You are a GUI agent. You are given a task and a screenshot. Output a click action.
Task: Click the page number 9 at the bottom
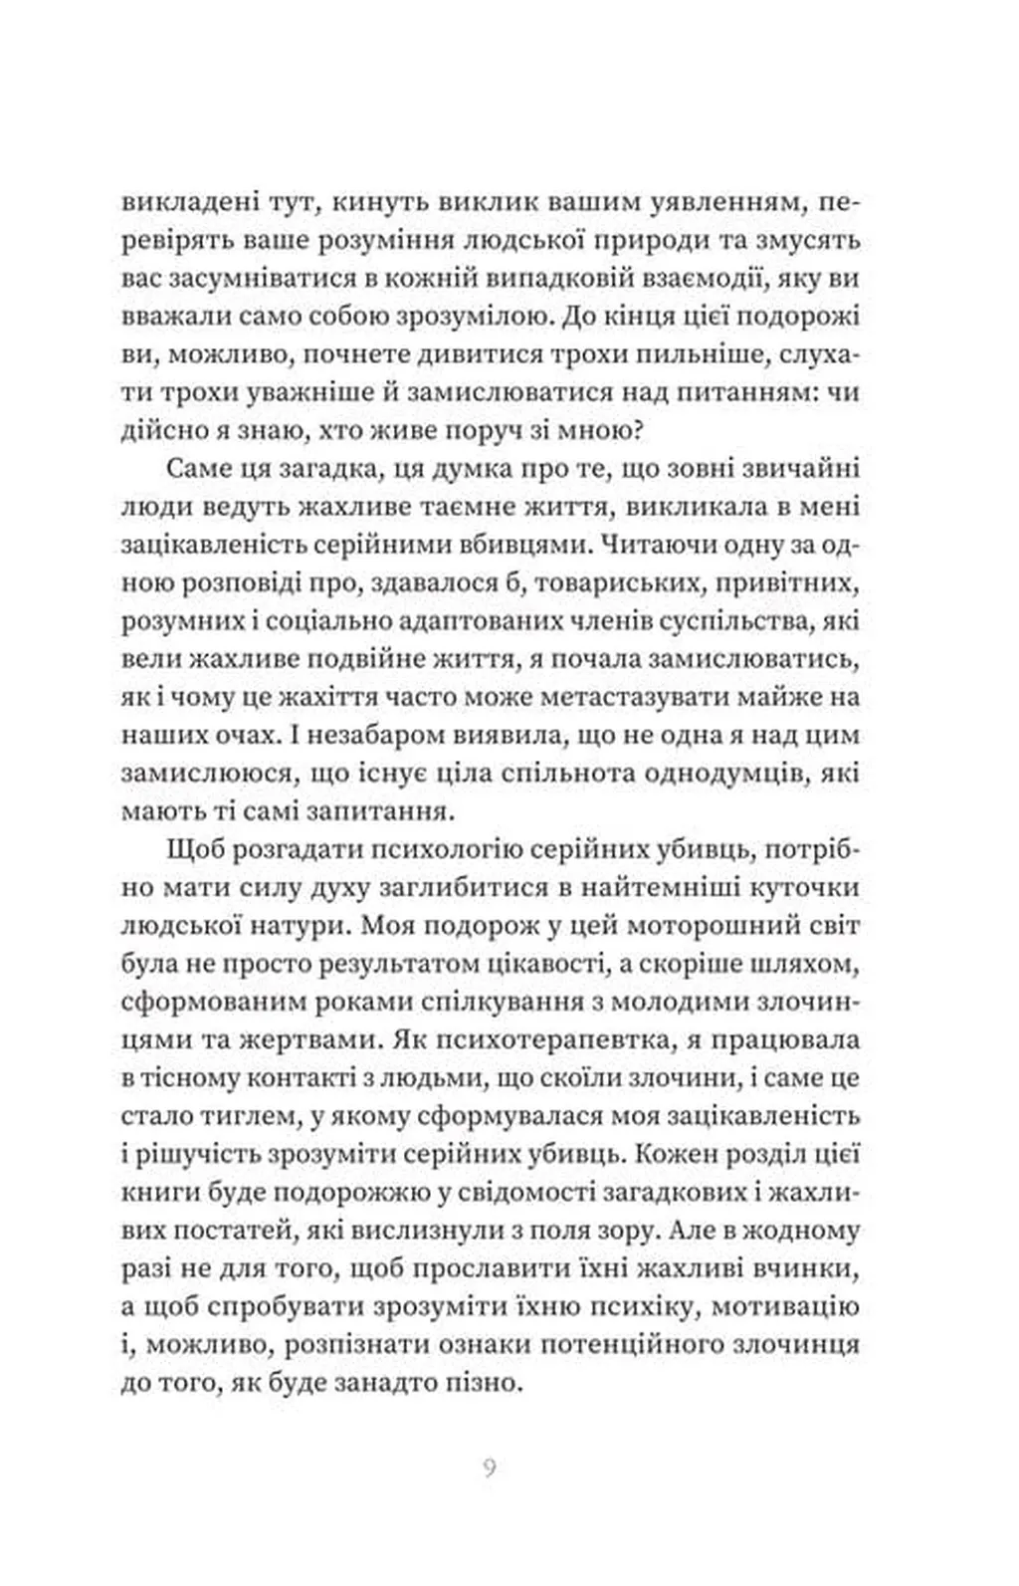tap(489, 1469)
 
